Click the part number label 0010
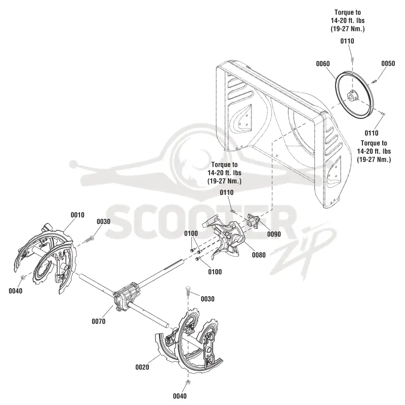point(77,215)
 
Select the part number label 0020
point(142,367)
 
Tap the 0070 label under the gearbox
point(99,321)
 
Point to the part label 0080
point(259,255)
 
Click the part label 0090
point(274,234)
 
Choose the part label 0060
point(323,64)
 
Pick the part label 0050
point(388,63)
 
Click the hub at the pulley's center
point(352,97)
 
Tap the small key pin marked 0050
point(375,82)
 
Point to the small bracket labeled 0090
point(254,221)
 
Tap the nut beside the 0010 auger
point(22,277)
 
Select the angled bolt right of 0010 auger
point(90,239)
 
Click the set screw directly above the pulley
point(352,59)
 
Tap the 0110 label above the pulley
point(347,41)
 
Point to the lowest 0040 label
point(180,396)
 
